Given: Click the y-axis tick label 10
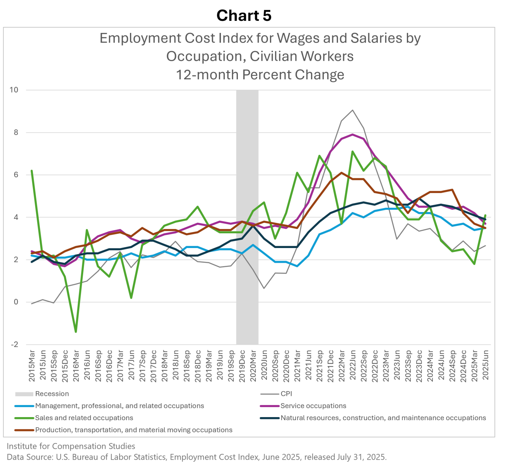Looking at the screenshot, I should coord(14,90).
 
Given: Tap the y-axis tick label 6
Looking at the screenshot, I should coord(16,175).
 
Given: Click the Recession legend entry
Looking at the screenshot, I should coord(52,394).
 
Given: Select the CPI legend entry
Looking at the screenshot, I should coord(286,394).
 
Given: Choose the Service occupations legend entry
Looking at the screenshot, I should coord(313,406).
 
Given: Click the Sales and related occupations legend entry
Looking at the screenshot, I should coord(84,418).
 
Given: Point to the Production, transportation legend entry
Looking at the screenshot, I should coord(133,430).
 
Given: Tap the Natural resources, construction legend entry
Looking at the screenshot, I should coord(383,418).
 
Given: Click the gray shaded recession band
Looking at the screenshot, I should coord(248,217).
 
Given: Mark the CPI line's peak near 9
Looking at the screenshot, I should coord(352,110).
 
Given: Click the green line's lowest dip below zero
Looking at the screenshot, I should coord(76,332).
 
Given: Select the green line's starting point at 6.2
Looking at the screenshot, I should coord(32,171).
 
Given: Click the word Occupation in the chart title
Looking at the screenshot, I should coord(203,56).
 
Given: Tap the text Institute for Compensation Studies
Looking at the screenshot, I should coord(71,446).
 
